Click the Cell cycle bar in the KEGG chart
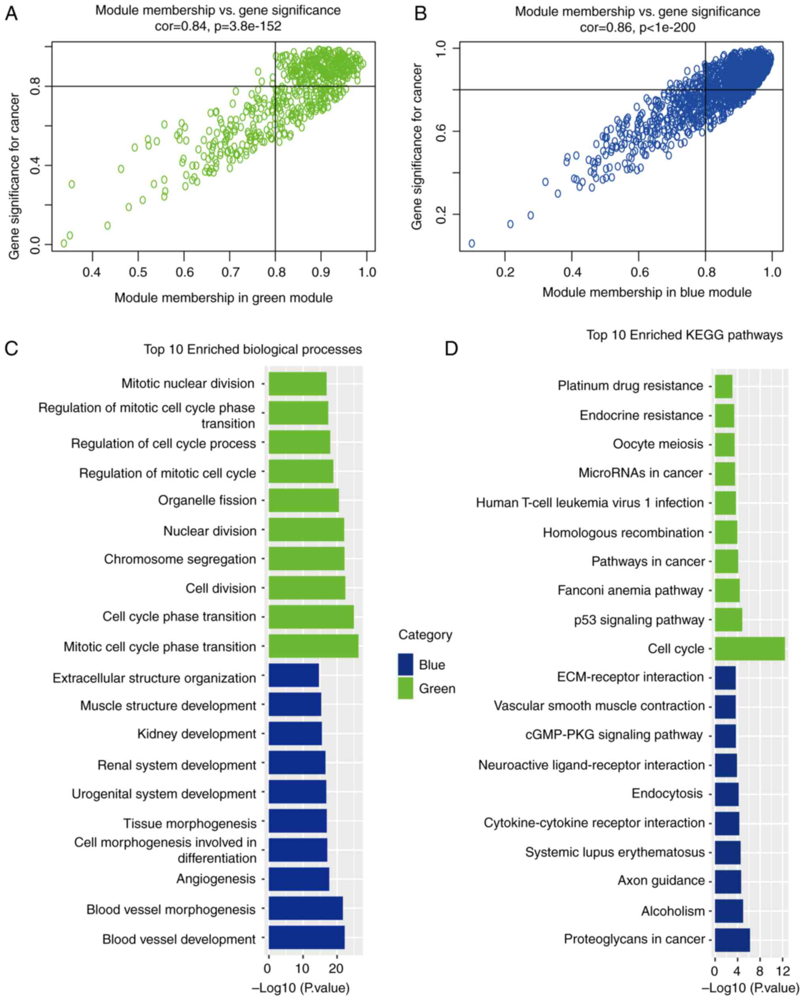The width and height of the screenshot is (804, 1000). (749, 649)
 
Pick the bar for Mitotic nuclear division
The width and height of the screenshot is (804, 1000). (298, 383)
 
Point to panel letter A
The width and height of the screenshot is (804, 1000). (11, 14)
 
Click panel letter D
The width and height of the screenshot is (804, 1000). (451, 348)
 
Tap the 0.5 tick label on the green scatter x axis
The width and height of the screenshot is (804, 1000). (138, 272)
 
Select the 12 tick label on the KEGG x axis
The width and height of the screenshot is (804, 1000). (783, 971)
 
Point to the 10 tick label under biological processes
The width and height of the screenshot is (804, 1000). (302, 968)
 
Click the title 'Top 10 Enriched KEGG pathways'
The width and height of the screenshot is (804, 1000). (684, 335)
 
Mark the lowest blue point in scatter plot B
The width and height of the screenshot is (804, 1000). (472, 243)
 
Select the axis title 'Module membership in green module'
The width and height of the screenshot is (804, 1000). (223, 298)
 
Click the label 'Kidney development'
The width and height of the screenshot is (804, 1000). (196, 734)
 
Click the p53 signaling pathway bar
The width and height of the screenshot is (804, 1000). (728, 620)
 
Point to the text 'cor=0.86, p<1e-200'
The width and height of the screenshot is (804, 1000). (637, 28)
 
